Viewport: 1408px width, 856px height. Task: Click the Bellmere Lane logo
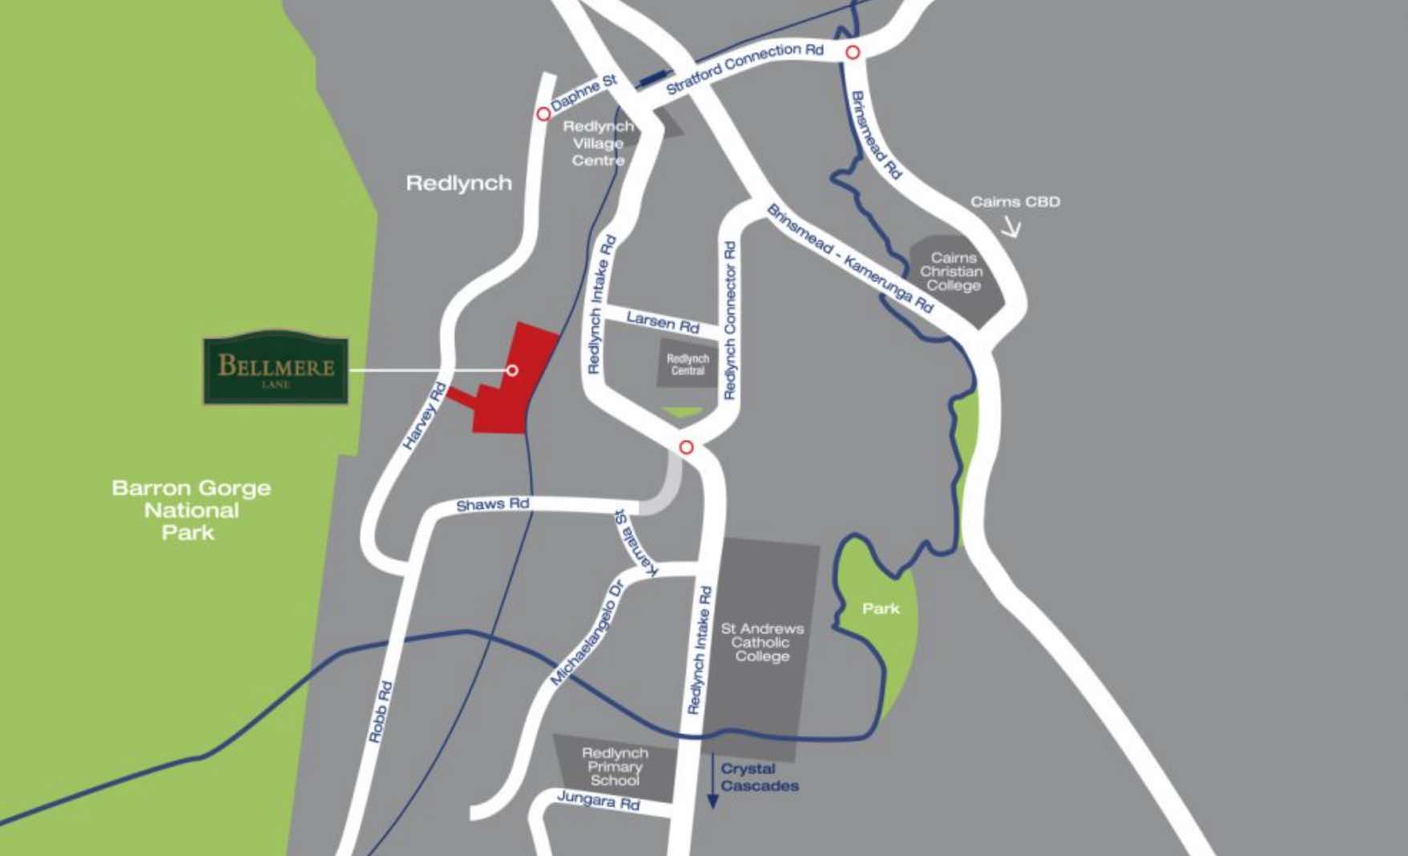275,368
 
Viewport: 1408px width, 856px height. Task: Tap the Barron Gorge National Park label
191,511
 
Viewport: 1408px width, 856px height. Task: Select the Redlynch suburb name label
458,184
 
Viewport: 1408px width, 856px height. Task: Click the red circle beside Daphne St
543,115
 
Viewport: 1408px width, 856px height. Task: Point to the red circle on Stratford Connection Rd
853,53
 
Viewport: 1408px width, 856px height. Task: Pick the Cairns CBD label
1015,202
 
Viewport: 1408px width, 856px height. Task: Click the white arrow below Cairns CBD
1011,228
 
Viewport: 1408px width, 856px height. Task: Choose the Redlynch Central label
688,365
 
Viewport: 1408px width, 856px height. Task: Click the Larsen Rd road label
663,322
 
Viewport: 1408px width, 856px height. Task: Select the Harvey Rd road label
425,416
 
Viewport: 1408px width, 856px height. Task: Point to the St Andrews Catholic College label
761,642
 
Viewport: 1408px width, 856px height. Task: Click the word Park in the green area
881,609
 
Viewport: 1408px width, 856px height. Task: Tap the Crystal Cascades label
759,777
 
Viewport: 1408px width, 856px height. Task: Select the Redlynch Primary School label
615,766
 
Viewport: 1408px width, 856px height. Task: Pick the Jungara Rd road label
599,800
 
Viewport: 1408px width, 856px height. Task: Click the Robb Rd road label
381,712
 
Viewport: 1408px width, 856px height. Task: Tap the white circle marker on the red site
512,370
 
